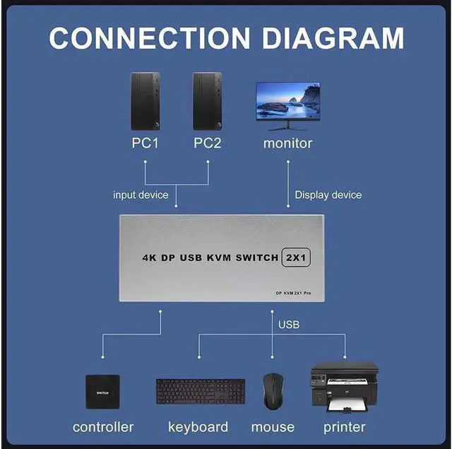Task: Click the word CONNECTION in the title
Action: [149, 37]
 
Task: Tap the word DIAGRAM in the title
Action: [333, 37]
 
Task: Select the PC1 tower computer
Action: [145, 101]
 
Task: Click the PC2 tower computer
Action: [207, 101]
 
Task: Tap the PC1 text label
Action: [145, 143]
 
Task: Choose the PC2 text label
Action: [207, 143]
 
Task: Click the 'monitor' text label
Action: [287, 144]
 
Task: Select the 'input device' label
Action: [141, 194]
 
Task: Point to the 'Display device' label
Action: [328, 194]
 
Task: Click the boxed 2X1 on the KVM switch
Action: [296, 257]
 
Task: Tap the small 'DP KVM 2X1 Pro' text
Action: [294, 293]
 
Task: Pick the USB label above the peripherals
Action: [289, 325]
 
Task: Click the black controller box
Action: [102, 392]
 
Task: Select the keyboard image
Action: [201, 392]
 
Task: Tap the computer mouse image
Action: [273, 392]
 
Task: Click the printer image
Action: [345, 387]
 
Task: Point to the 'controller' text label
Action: [103, 427]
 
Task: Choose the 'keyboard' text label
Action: [198, 427]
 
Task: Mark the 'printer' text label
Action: [345, 428]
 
